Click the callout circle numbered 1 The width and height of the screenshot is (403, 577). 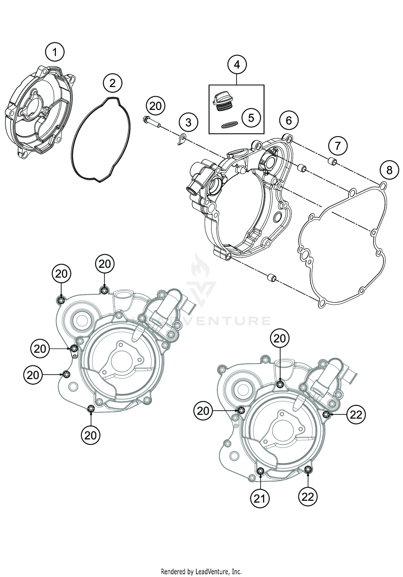(x=55, y=52)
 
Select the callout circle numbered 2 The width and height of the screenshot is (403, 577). (x=112, y=83)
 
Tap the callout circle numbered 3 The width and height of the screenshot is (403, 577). (x=188, y=122)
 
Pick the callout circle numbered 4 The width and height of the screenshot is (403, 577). (x=237, y=64)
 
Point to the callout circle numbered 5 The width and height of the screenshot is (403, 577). (x=251, y=118)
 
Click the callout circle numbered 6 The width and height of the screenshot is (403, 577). (x=289, y=120)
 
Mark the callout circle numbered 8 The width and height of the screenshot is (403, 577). (x=389, y=170)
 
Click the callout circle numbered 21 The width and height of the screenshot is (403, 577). (x=260, y=499)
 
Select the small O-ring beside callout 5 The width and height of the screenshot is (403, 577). (x=230, y=124)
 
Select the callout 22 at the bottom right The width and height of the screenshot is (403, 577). (x=308, y=497)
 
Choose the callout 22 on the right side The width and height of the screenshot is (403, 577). (x=356, y=415)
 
